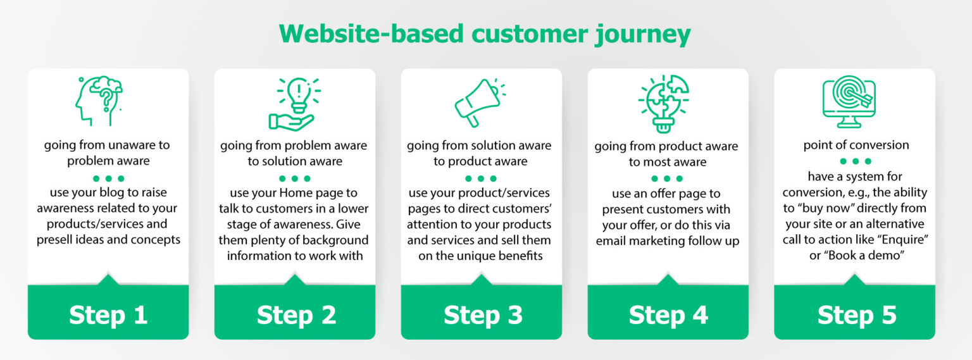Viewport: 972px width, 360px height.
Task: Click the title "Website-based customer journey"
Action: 485,34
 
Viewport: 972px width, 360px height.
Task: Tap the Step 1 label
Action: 108,315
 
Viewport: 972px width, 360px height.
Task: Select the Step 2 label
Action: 296,315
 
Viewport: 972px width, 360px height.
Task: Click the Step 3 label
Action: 483,315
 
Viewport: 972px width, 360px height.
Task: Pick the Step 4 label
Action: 668,315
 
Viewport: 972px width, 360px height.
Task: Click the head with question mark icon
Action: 99,101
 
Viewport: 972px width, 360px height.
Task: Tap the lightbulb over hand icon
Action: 295,103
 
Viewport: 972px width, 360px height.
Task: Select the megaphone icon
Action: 479,101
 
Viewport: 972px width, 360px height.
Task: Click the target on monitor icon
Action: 849,101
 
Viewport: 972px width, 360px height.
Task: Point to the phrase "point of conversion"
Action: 856,145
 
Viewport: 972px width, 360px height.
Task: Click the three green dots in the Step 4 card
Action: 667,178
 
